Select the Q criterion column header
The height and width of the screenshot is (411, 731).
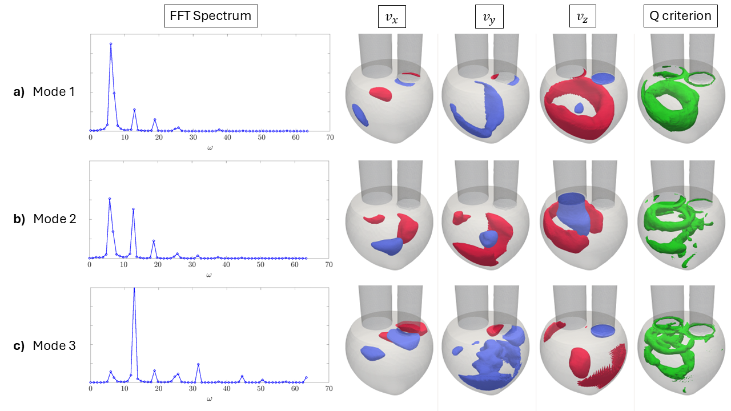tap(680, 15)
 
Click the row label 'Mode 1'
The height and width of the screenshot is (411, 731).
tap(54, 91)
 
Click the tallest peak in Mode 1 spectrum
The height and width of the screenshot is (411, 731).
tap(111, 44)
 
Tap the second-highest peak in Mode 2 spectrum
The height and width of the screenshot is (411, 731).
tap(133, 209)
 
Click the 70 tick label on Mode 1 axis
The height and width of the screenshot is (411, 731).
tap(330, 138)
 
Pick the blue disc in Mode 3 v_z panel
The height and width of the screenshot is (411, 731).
tap(603, 329)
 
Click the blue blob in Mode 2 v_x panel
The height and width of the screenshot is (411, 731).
tap(387, 245)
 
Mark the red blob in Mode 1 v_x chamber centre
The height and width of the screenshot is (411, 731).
tap(380, 94)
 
